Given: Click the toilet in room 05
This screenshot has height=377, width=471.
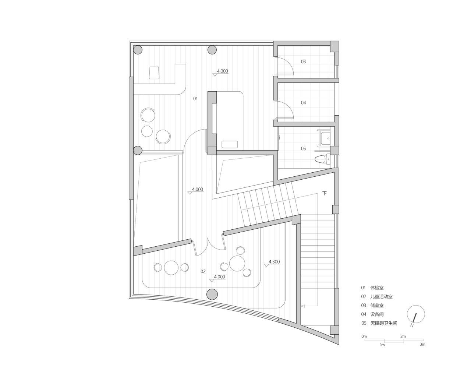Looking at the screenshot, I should point(321,159).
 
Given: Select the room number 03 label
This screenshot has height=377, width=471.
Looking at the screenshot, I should point(303,61).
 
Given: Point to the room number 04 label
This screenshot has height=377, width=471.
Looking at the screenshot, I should point(303,103).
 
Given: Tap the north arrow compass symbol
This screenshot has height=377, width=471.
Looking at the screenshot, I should point(416,315).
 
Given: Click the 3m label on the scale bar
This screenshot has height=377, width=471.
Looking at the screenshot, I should point(422,345).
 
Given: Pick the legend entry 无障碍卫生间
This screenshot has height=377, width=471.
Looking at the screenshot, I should point(384,323).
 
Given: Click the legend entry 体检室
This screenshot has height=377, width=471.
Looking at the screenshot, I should point(377,288).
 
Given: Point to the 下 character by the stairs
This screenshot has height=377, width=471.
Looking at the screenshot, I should point(324,193).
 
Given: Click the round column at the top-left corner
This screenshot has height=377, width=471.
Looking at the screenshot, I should point(138,50).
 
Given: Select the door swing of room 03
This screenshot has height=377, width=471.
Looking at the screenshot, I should point(286,67).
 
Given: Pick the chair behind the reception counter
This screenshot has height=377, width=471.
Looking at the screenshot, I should point(154,73).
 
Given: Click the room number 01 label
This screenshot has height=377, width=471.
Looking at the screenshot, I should point(195,99).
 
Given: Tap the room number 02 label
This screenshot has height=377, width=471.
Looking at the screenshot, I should point(203,272).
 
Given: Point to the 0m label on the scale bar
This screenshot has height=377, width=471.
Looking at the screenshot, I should point(364,337).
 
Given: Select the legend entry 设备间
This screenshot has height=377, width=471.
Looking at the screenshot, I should point(377,314).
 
